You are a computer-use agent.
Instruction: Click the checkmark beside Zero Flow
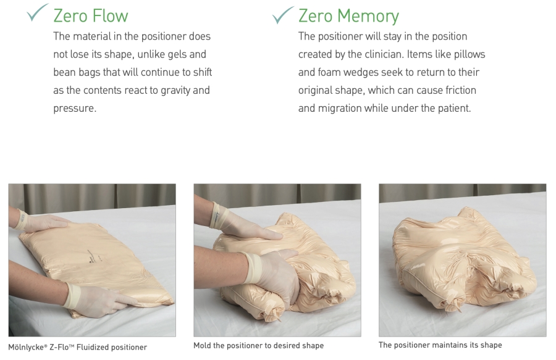[x=37, y=13]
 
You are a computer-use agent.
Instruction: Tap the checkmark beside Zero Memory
[x=283, y=15]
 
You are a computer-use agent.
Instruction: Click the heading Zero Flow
[x=91, y=16]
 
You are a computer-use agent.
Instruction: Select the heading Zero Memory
[x=348, y=16]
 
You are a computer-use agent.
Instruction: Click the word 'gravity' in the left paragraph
[x=175, y=90]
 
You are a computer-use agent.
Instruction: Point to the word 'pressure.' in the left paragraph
[x=75, y=109]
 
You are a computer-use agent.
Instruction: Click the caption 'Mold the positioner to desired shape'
[x=258, y=345]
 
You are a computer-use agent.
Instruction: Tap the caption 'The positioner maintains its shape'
[x=440, y=345]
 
